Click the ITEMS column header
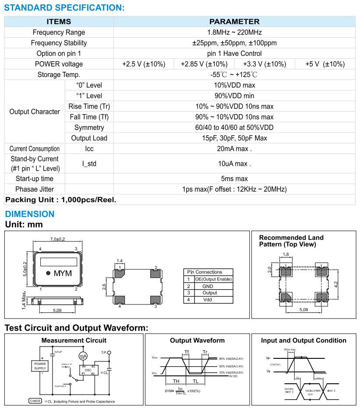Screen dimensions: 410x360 (59, 21)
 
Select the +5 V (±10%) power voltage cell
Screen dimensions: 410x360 (325, 64)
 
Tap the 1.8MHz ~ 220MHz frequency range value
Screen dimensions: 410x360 (234, 32)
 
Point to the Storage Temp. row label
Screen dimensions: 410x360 (59, 74)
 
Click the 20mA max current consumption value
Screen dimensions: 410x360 (234, 149)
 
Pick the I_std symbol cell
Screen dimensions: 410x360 (89, 164)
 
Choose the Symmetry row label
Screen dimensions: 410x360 (89, 127)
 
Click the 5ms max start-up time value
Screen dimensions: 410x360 (234, 179)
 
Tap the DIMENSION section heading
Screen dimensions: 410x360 (30, 214)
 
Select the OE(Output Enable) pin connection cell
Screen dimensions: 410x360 (213, 279)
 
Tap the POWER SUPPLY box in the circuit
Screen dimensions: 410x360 (40, 366)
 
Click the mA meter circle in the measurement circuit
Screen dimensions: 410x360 (83, 356)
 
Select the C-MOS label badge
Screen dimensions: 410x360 (35, 401)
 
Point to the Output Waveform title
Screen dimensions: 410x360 (197, 340)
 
